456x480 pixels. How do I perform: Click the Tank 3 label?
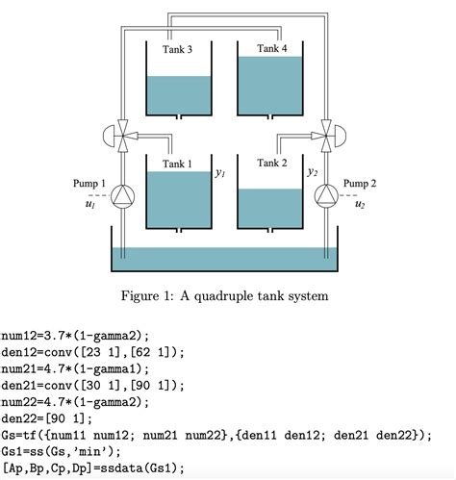pyautogui.click(x=177, y=50)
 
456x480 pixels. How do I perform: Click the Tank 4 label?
pyautogui.click(x=272, y=48)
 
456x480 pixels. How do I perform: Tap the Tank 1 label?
pyautogui.click(x=177, y=164)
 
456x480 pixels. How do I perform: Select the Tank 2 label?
pyautogui.click(x=272, y=164)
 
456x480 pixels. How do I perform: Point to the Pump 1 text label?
pyautogui.click(x=89, y=183)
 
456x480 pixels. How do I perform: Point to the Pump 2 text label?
pyautogui.click(x=361, y=183)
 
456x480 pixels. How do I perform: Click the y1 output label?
pyautogui.click(x=220, y=174)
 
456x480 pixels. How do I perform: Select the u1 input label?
pyautogui.click(x=90, y=204)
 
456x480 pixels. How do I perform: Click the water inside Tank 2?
pyautogui.click(x=272, y=207)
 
